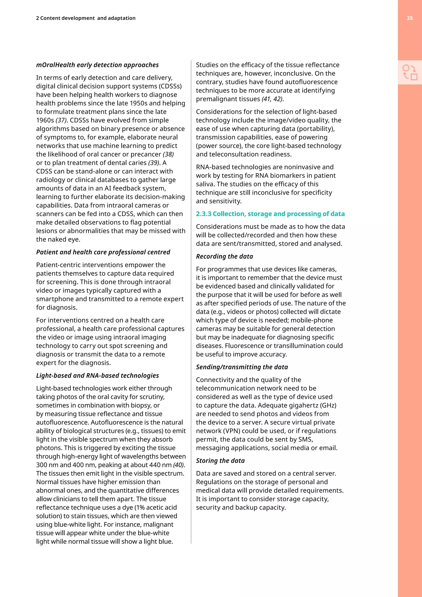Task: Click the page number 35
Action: coord(409,18)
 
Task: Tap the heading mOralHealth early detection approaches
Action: coord(97,65)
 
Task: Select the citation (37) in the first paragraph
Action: coord(61,120)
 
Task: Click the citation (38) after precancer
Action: coord(168,154)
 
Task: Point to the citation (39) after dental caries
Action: coord(154,163)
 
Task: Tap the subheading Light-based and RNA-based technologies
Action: coord(97,375)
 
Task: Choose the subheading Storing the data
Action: coord(220,461)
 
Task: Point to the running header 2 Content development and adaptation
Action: coord(86,18)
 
